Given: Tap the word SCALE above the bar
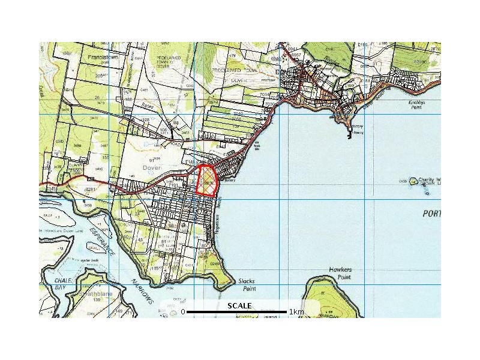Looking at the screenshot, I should point(239,306).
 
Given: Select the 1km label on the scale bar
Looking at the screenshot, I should point(296,312).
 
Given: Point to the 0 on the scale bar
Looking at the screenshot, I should point(183,312).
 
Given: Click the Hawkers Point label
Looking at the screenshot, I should point(340,274).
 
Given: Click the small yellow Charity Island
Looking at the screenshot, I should point(413,181).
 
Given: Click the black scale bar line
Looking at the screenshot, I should point(236,312).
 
